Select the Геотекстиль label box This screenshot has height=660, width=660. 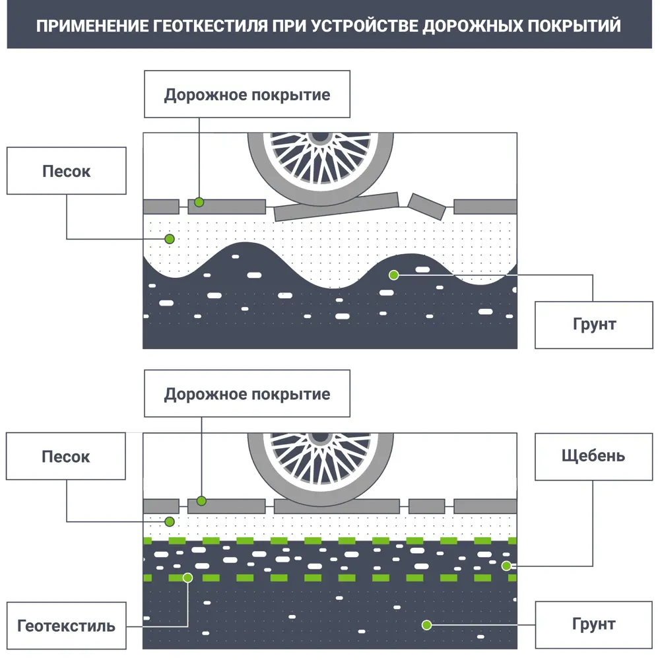click(66, 626)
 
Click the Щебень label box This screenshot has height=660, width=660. click(593, 456)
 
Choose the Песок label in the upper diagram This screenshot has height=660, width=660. click(66, 172)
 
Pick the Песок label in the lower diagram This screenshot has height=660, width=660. click(66, 457)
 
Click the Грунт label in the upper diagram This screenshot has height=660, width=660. click(594, 325)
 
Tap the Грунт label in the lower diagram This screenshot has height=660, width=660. click(594, 624)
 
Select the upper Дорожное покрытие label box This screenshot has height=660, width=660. click(247, 94)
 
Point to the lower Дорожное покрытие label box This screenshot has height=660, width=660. click(247, 395)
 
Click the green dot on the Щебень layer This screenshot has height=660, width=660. click(506, 566)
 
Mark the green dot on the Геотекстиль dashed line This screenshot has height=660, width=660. click(187, 577)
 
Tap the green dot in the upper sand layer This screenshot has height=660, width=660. click(170, 238)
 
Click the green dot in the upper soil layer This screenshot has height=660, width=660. click(393, 275)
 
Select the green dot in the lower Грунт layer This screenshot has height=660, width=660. click(427, 624)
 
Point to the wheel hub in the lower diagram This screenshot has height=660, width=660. click(321, 436)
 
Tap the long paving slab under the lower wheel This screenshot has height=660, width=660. click(337, 506)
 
